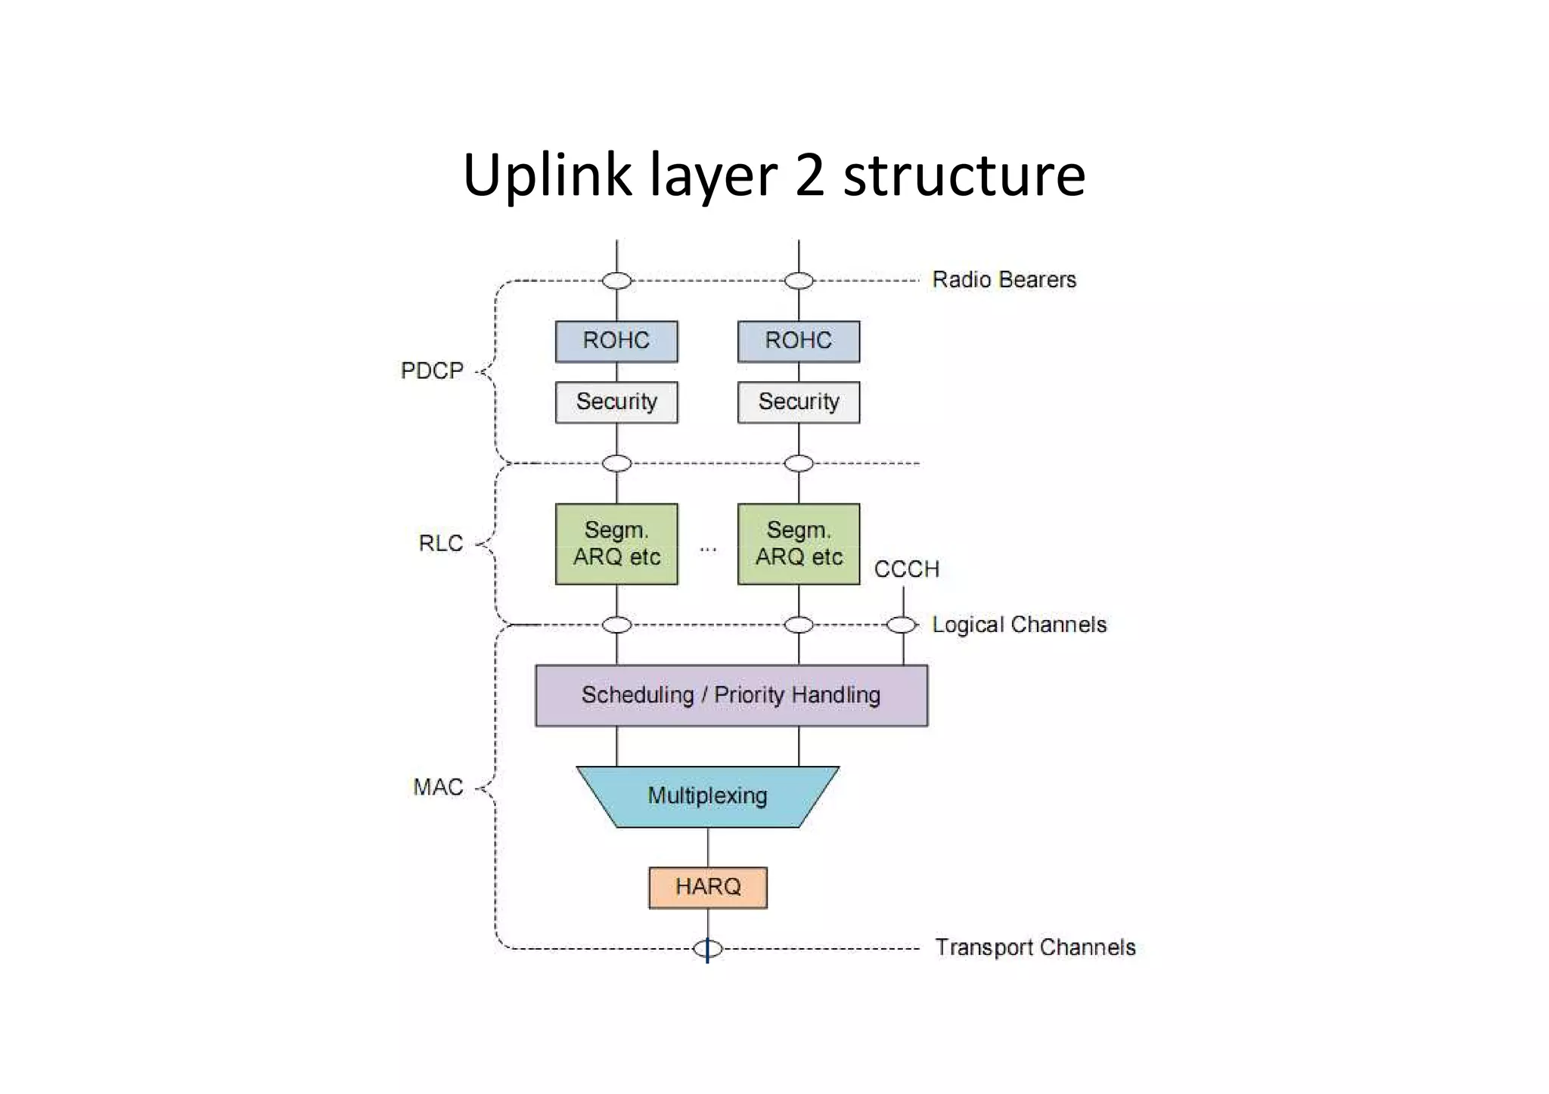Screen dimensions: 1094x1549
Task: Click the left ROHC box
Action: coord(616,341)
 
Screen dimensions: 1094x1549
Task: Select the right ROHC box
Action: coord(799,341)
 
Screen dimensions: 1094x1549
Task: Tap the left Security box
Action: coord(616,402)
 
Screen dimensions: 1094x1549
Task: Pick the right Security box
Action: coord(799,402)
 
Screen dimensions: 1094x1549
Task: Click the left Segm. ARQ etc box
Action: coord(616,544)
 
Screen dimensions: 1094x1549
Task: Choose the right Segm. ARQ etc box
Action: coord(799,544)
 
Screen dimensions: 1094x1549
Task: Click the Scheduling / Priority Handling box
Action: coord(731,696)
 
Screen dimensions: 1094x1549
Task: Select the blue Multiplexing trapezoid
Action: coord(708,796)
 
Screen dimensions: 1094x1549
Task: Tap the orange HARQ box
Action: coord(708,887)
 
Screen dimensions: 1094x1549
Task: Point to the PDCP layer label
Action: coord(432,371)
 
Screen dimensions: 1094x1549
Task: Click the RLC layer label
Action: coord(441,544)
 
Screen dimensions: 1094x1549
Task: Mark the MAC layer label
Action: coord(438,787)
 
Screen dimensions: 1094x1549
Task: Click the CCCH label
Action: coord(907,569)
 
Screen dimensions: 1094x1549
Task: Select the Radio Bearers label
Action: coord(1004,280)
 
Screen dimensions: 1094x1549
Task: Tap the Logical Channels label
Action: coord(1019,624)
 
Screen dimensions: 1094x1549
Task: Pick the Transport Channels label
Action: coord(1035,947)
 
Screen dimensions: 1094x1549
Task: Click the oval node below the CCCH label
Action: coord(902,625)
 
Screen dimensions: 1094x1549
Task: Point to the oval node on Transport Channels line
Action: coord(708,948)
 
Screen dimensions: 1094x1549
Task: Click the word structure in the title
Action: coord(964,175)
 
